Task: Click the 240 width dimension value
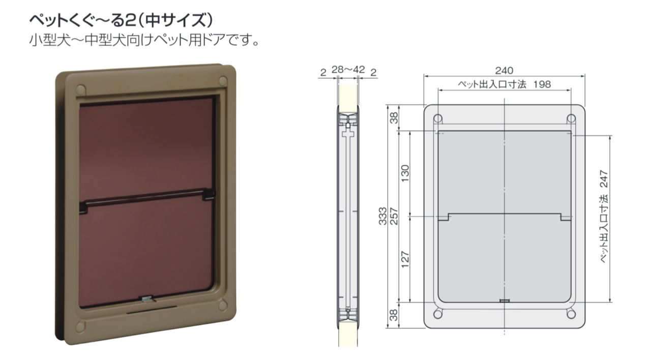point(504,71)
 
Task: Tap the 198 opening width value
point(542,84)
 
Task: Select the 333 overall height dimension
point(383,216)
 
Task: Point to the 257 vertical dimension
point(394,216)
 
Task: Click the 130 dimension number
point(405,173)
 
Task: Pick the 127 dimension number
point(405,259)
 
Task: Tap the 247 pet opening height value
point(604,179)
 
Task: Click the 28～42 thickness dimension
point(348,70)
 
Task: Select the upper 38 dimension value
point(394,118)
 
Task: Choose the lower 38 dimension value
point(394,315)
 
